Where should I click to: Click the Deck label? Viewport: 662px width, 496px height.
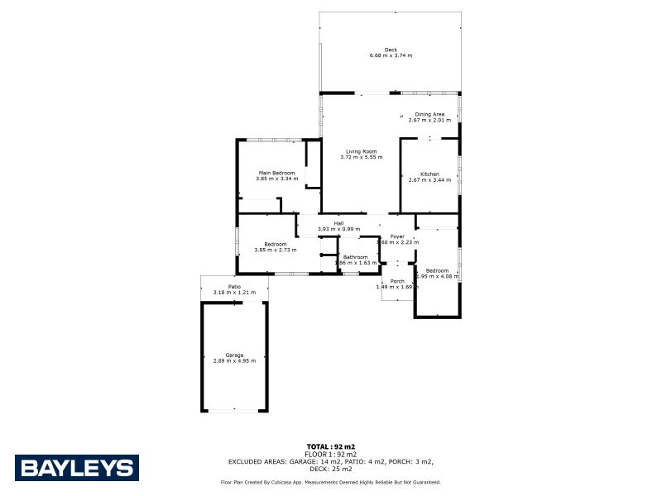391,50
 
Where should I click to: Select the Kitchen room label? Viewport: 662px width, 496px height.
429,174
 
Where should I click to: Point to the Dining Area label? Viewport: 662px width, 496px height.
429,114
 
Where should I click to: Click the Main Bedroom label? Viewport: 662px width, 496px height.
276,173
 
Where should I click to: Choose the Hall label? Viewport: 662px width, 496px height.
338,223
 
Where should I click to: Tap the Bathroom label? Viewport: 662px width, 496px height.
356,257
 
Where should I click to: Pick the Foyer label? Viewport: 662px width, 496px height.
397,236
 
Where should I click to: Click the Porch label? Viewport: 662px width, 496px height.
397,281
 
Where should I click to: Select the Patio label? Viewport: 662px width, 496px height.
234,287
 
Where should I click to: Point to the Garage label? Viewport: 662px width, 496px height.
234,355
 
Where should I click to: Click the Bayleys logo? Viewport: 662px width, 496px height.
76,467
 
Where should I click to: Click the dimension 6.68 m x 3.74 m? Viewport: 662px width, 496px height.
391,55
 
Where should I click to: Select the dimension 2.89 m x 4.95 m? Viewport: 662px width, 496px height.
234,360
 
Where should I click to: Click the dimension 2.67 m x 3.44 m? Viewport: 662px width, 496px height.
429,179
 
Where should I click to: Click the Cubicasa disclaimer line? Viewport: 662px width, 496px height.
330,482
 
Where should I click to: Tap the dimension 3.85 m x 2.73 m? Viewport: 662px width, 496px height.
276,250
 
